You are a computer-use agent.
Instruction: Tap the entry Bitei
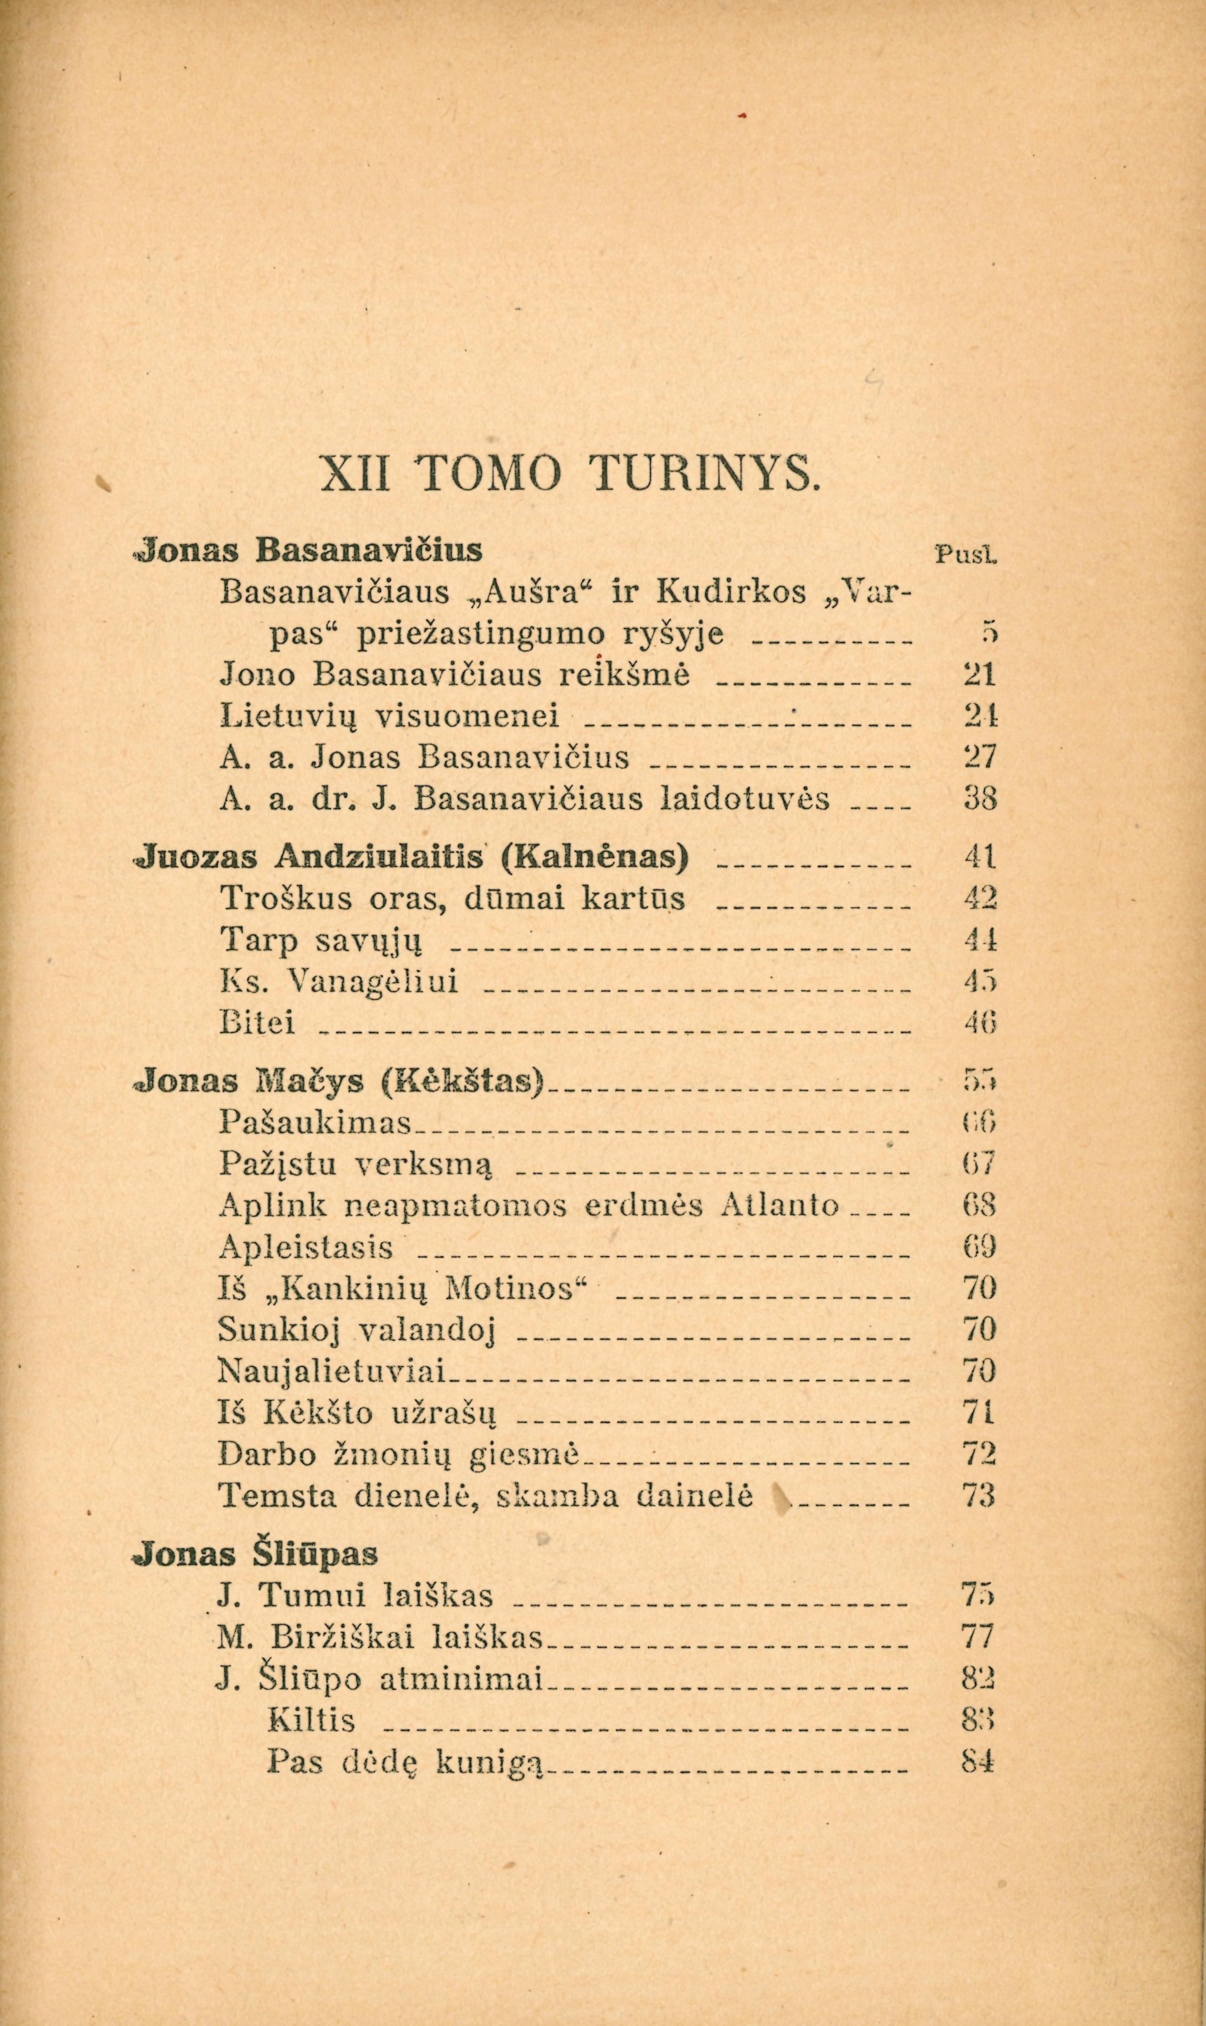click(x=258, y=1023)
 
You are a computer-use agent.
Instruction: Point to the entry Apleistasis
click(x=306, y=1247)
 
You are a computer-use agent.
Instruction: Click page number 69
click(x=979, y=1247)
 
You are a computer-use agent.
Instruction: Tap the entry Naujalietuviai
click(x=333, y=1372)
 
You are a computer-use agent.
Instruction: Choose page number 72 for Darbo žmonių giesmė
click(x=979, y=1453)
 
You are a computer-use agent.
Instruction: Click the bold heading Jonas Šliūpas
click(x=256, y=1554)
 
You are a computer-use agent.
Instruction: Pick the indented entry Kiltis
click(x=311, y=1720)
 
